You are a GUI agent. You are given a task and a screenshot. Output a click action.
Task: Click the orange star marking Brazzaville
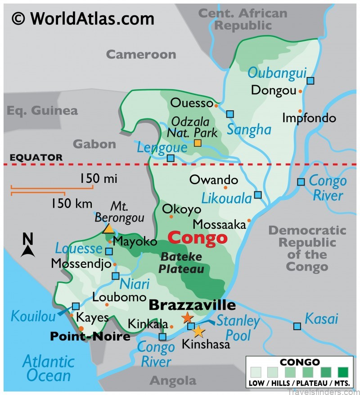click(187, 318)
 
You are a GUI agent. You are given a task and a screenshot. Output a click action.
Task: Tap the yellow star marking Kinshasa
click(198, 332)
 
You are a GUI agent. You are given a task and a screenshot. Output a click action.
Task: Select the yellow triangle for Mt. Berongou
click(108, 228)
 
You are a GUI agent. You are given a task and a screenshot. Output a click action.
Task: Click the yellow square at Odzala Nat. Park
click(198, 143)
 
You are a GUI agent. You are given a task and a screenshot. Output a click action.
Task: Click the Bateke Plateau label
click(180, 263)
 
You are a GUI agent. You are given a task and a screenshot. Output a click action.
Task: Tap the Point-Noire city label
click(90, 336)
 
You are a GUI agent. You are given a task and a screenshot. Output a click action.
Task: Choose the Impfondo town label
click(309, 118)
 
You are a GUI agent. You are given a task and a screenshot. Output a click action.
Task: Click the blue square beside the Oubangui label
click(310, 81)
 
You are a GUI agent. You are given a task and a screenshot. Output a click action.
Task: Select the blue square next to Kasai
click(297, 326)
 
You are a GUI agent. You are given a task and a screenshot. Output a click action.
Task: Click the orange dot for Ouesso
click(216, 106)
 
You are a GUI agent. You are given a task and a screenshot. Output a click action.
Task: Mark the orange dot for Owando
click(225, 187)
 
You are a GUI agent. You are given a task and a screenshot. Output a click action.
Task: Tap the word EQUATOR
click(36, 158)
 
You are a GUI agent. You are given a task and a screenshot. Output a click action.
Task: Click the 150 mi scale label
click(99, 179)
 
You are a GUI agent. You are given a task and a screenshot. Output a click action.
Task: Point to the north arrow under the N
click(28, 251)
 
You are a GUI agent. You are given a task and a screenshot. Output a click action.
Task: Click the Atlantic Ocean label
click(48, 368)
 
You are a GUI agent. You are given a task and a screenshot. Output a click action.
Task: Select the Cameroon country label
click(141, 55)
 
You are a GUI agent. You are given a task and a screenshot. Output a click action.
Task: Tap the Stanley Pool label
click(238, 328)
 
